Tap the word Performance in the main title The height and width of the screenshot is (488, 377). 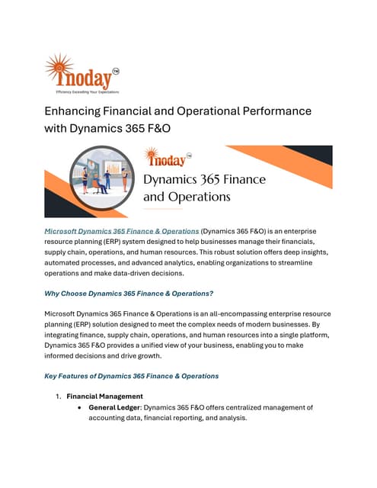click(268, 111)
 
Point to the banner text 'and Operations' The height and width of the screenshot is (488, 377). click(187, 196)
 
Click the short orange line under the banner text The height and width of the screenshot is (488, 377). click(163, 208)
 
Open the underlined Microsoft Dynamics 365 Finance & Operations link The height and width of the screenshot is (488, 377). click(122, 230)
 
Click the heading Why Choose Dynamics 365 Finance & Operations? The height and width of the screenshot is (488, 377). click(129, 294)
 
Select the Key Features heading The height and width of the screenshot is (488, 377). click(132, 376)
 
